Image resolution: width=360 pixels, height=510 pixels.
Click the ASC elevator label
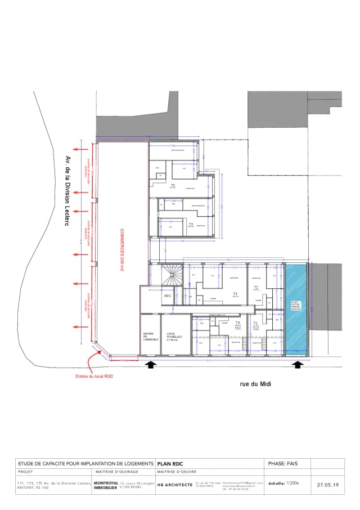click(167, 296)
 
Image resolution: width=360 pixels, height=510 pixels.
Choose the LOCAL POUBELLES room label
click(173, 337)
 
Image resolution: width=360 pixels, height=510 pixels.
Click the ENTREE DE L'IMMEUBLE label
click(150, 337)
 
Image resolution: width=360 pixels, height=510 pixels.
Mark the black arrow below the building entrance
click(151, 365)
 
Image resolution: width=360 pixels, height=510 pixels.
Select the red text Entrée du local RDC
click(94, 377)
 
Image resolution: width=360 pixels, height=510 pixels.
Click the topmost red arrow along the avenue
click(83, 149)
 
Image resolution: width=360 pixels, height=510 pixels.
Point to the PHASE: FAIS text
click(283, 464)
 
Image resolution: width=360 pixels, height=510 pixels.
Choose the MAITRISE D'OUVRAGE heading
click(113, 472)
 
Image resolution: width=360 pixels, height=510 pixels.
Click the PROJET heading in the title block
click(26, 472)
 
